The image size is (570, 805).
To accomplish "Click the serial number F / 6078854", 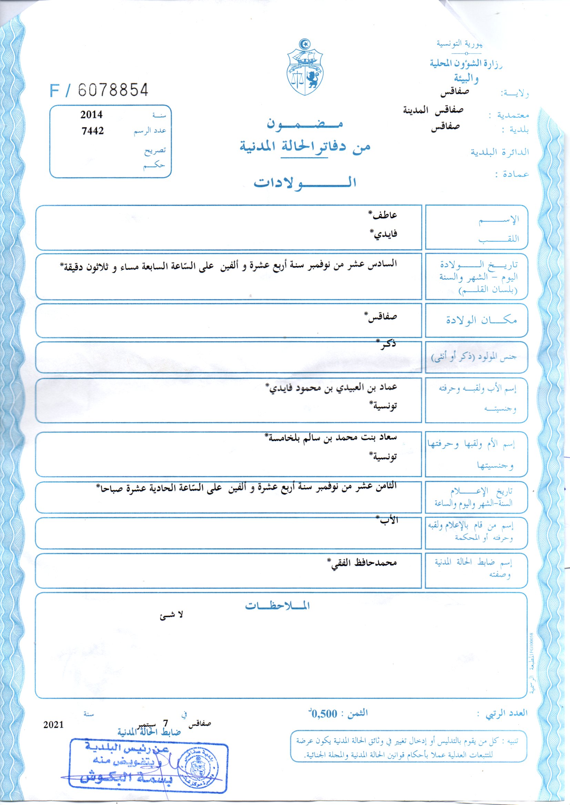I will click(x=99, y=90).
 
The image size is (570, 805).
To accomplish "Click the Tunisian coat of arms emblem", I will click(x=305, y=67).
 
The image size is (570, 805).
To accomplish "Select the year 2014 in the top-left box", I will click(x=91, y=115).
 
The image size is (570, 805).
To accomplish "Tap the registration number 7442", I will click(x=93, y=131).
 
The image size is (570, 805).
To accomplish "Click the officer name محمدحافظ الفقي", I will click(x=364, y=563).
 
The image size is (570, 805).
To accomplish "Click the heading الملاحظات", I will click(x=277, y=606).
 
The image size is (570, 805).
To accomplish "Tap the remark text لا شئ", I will click(x=171, y=616).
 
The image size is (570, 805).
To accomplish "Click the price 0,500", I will click(x=325, y=713).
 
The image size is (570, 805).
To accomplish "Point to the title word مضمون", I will click(x=305, y=124).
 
